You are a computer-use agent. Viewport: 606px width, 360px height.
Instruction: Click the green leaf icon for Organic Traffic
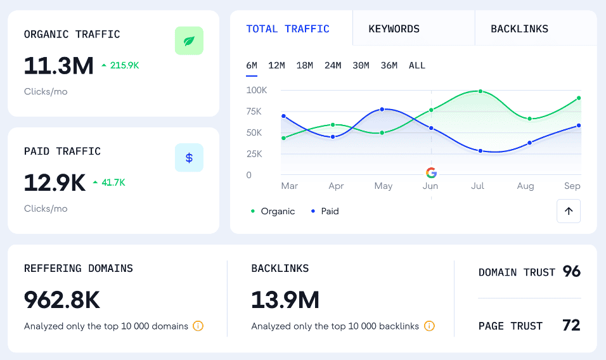pyautogui.click(x=189, y=41)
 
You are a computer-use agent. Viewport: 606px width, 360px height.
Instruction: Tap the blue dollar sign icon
pyautogui.click(x=189, y=158)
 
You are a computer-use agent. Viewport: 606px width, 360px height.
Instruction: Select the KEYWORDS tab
pyautogui.click(x=394, y=29)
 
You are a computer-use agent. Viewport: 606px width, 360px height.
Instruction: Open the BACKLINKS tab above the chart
pyautogui.click(x=519, y=29)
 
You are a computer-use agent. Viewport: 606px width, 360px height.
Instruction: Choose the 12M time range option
pyautogui.click(x=276, y=65)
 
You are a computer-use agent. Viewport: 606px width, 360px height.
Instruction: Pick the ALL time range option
pyautogui.click(x=417, y=65)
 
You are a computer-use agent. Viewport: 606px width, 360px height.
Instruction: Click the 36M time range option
pyautogui.click(x=389, y=65)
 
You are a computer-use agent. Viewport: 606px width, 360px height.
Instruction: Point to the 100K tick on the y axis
pyautogui.click(x=257, y=90)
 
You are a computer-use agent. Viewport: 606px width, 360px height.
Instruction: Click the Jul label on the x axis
pyautogui.click(x=478, y=186)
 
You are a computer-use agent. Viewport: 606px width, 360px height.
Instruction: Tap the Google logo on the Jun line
pyautogui.click(x=431, y=172)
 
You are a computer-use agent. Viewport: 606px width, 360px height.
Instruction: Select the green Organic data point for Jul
pyautogui.click(x=480, y=91)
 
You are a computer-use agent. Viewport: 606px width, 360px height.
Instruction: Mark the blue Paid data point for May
pyautogui.click(x=382, y=109)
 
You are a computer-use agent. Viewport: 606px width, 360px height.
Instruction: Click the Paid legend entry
pyautogui.click(x=325, y=211)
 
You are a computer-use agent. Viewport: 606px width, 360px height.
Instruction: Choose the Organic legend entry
pyautogui.click(x=273, y=211)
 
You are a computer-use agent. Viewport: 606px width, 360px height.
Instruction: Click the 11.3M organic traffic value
pyautogui.click(x=58, y=65)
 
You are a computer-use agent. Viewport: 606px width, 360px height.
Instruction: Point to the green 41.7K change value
pyautogui.click(x=113, y=183)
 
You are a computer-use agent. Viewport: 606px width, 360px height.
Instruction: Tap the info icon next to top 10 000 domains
pyautogui.click(x=198, y=326)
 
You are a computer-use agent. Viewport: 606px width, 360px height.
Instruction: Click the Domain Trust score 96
pyautogui.click(x=571, y=272)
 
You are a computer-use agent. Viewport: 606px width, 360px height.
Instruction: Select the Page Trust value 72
pyautogui.click(x=571, y=326)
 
